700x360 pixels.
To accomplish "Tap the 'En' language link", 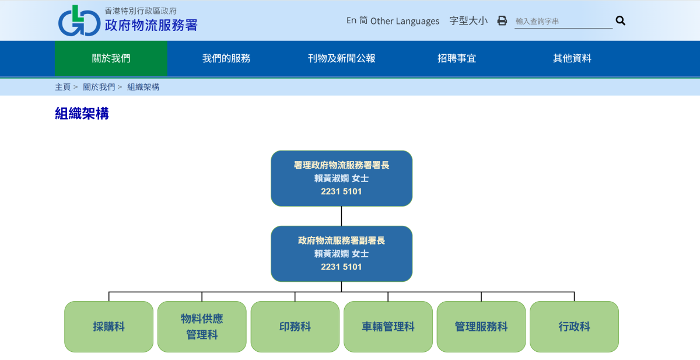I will pyautogui.click(x=351, y=20).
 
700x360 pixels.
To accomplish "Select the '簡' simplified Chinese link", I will pyautogui.click(x=363, y=20).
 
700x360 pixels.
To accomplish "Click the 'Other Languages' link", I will pyautogui.click(x=405, y=21).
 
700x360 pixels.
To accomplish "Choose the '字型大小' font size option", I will pyautogui.click(x=468, y=21).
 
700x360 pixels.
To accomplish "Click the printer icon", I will pyautogui.click(x=502, y=21).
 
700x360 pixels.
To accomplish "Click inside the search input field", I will pyautogui.click(x=562, y=21).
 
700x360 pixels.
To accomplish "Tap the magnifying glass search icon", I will pyautogui.click(x=620, y=21).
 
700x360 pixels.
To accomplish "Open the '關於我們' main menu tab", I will pyautogui.click(x=111, y=58).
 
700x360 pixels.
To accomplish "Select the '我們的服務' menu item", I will pyautogui.click(x=226, y=58).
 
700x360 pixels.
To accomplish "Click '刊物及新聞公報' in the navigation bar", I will pyautogui.click(x=342, y=58).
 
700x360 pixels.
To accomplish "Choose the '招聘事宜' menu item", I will pyautogui.click(x=457, y=58).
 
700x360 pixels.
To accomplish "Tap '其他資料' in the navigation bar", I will pyautogui.click(x=572, y=58).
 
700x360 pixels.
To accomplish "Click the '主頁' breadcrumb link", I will pyautogui.click(x=62, y=87).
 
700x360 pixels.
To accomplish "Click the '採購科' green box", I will pyautogui.click(x=108, y=327).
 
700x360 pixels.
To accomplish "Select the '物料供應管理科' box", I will pyautogui.click(x=202, y=327).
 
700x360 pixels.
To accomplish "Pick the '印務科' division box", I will pyautogui.click(x=295, y=327).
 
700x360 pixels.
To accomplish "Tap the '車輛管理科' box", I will pyautogui.click(x=388, y=327).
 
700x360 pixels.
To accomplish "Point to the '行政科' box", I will pyautogui.click(x=574, y=327).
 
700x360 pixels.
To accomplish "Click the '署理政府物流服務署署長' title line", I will pyautogui.click(x=341, y=165).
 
